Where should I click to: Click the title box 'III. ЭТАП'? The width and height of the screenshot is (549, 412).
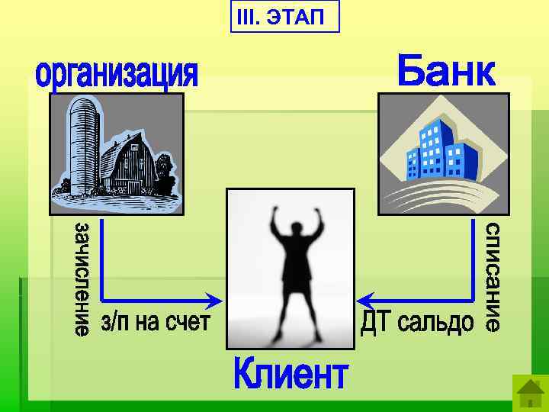(x=284, y=17)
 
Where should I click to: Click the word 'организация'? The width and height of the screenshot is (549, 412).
(x=117, y=74)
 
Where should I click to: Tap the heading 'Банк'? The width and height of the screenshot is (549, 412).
(x=446, y=70)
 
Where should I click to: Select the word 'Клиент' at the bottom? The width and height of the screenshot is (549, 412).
(x=291, y=375)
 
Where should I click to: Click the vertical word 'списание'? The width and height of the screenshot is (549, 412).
(x=493, y=276)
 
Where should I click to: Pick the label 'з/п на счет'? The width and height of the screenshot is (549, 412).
(x=155, y=322)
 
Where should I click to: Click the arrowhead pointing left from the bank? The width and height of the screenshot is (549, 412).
(x=365, y=298)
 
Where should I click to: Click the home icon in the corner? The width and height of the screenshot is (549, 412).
(x=528, y=394)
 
